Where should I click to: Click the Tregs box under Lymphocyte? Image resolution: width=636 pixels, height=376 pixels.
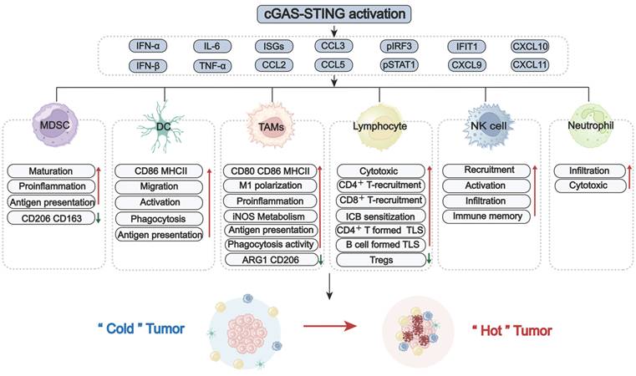pyautogui.click(x=380, y=260)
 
